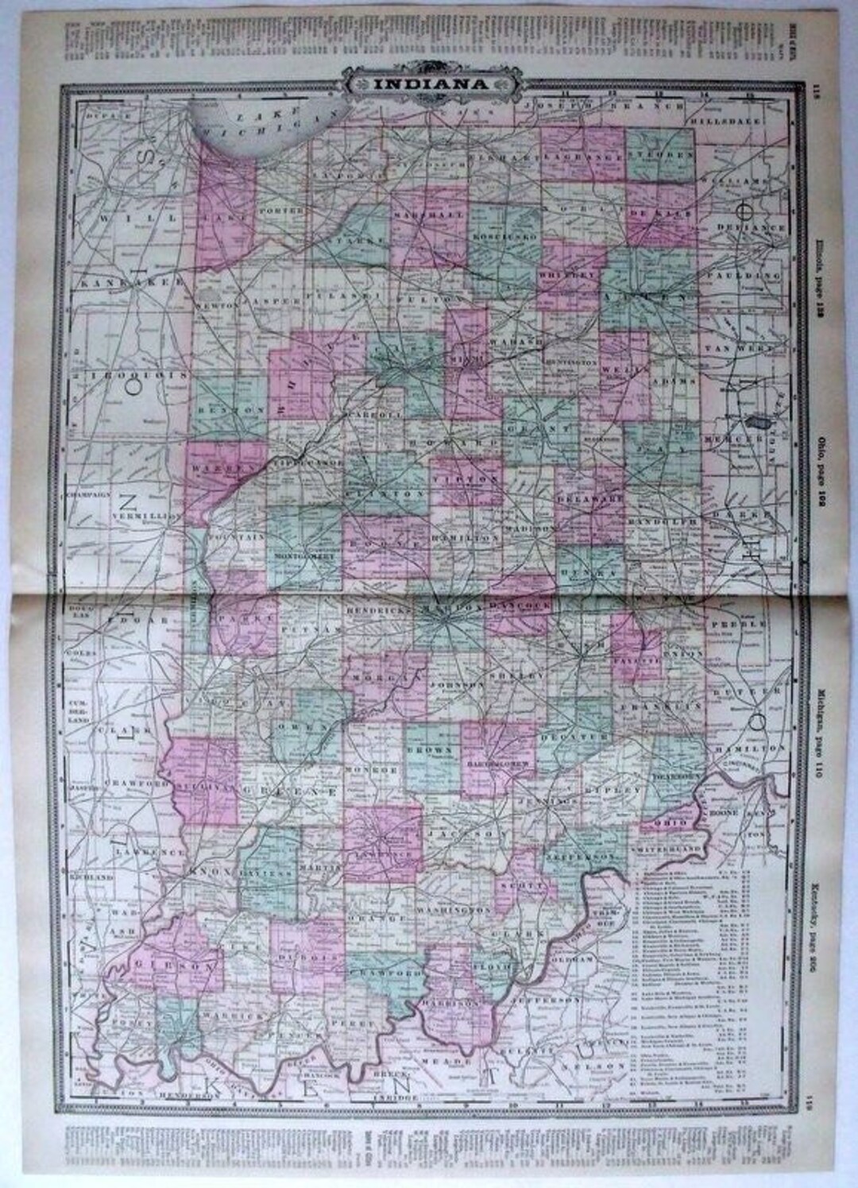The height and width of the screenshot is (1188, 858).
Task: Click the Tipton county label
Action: (466, 479)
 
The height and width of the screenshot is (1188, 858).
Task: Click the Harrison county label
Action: (456, 1004)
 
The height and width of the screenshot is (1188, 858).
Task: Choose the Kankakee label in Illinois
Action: (132, 282)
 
